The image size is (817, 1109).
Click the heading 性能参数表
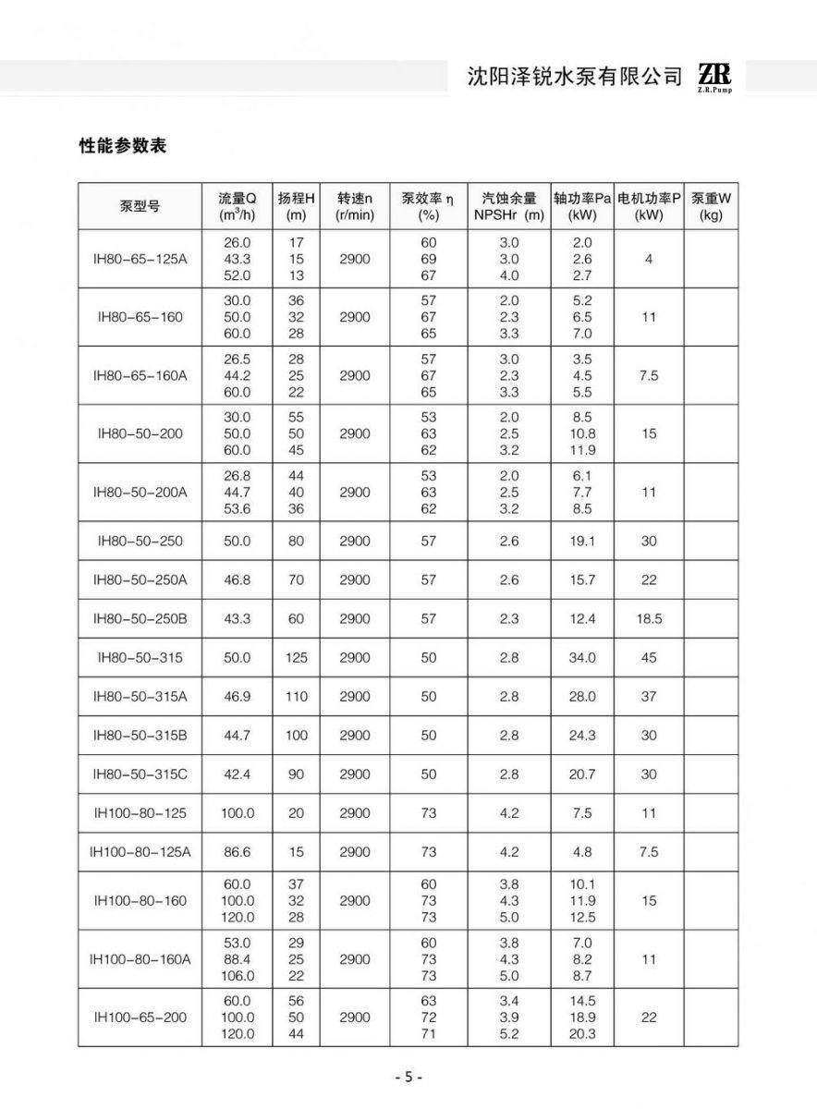point(123,146)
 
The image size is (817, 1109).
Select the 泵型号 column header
point(140,206)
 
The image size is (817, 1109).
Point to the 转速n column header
point(354,206)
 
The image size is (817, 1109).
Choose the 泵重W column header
point(711,206)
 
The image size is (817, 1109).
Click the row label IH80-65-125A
point(140,259)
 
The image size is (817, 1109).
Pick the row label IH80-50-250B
point(140,619)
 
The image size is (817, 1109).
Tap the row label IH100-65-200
point(140,1018)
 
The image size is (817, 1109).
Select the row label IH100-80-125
point(140,813)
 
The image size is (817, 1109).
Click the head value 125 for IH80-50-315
point(296,658)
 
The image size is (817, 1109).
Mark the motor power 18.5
point(649,619)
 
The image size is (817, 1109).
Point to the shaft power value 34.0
point(582,658)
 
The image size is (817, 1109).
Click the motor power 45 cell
point(649,658)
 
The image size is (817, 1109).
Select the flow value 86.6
point(238,852)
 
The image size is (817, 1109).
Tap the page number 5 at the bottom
point(408,1078)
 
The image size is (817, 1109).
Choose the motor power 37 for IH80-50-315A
point(649,697)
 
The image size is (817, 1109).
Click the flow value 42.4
point(238,774)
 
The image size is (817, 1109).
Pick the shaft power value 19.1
point(582,542)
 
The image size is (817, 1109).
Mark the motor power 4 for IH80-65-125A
point(649,259)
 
